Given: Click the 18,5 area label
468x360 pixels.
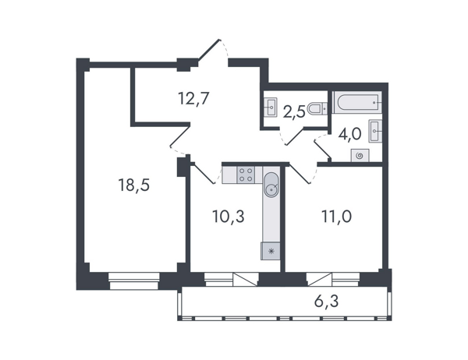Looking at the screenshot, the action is [133, 185].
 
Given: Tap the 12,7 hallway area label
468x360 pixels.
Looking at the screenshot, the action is [193, 98].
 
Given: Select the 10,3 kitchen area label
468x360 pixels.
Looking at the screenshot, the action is [229, 217].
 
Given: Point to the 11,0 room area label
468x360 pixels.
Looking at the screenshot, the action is [336, 217].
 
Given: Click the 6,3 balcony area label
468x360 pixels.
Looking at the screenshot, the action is [327, 302].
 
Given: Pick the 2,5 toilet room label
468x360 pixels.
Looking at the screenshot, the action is [294, 112].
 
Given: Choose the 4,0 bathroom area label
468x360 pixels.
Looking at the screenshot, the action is [349, 134].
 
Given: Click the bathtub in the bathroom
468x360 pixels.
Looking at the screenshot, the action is [357, 102].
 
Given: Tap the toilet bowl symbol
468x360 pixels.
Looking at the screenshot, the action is [317, 109].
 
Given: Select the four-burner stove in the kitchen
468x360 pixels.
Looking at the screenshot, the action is [246, 175].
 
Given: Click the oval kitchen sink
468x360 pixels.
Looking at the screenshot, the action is [271, 185].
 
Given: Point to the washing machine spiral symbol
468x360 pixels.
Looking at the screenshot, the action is [360, 155].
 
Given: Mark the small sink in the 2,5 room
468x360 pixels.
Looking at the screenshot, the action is [271, 107].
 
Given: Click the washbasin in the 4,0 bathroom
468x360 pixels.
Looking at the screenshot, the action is [375, 131].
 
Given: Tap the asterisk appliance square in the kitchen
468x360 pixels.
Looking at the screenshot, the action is [271, 251].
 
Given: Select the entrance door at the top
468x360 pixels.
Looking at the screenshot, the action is [210, 50].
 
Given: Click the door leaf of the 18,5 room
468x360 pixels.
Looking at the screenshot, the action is [180, 137].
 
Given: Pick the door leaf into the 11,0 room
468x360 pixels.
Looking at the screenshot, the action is [299, 173].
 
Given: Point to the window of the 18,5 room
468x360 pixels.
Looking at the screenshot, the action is [134, 281].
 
